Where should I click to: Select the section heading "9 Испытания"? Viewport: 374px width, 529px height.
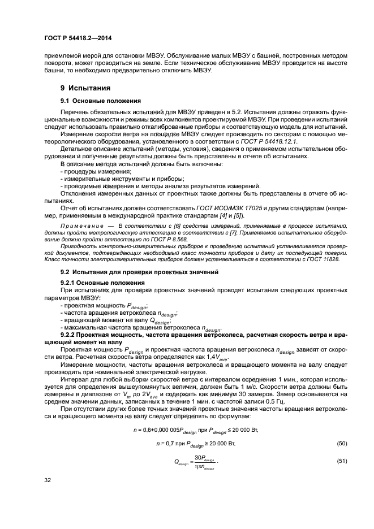(85, 89)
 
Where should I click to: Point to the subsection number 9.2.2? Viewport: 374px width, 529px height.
(71, 335)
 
